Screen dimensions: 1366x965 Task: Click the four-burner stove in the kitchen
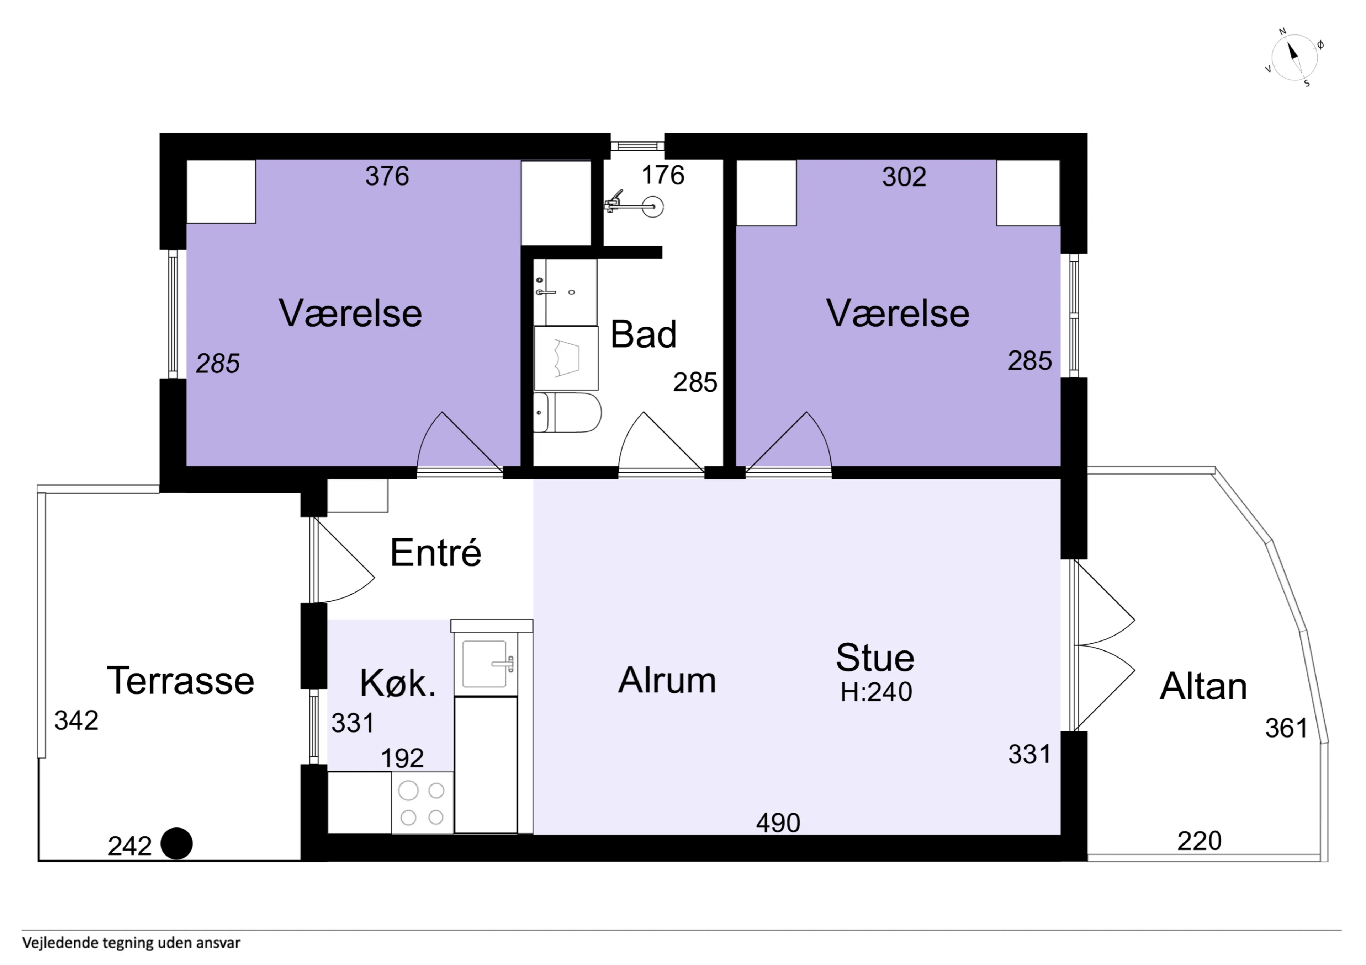(422, 803)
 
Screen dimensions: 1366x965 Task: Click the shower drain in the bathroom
(653, 207)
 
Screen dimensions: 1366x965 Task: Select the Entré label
(435, 552)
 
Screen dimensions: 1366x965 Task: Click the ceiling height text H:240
(876, 691)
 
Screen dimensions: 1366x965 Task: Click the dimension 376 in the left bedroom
(387, 176)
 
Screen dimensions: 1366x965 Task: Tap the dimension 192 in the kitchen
(402, 758)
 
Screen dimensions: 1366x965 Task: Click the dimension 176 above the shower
(663, 175)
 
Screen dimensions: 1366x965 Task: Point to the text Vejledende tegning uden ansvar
(132, 943)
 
